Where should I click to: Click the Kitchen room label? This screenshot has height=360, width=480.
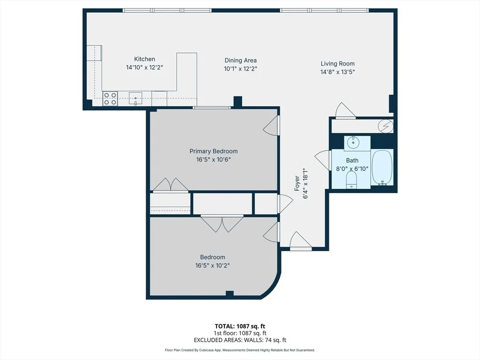pyautogui.click(x=144, y=59)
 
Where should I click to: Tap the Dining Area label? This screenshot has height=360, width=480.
pyautogui.click(x=240, y=60)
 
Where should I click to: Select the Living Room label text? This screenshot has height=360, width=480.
pyautogui.click(x=337, y=63)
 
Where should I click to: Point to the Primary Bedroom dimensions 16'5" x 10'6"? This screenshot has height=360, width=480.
pyautogui.click(x=213, y=159)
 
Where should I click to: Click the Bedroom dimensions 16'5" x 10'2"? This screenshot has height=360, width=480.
pyautogui.click(x=212, y=265)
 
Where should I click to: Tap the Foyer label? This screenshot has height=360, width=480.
pyautogui.click(x=297, y=183)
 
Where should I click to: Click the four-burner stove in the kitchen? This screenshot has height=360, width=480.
pyautogui.click(x=110, y=98)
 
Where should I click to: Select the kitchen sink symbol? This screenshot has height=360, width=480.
pyautogui.click(x=135, y=98)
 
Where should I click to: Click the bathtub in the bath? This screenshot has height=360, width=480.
pyautogui.click(x=382, y=167)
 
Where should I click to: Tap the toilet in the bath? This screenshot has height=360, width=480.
pyautogui.click(x=352, y=180)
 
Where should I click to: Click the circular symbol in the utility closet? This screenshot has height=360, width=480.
pyautogui.click(x=385, y=126)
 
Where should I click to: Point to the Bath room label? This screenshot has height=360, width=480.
pyautogui.click(x=352, y=160)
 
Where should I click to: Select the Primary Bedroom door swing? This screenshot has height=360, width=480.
pyautogui.click(x=271, y=126)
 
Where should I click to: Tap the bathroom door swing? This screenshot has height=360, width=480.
pyautogui.click(x=323, y=159)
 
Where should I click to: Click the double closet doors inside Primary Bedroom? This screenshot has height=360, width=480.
pyautogui.click(x=171, y=185)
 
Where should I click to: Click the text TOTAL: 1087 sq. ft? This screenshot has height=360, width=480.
pyautogui.click(x=240, y=326)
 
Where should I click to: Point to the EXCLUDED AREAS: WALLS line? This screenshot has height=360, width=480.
pyautogui.click(x=240, y=340)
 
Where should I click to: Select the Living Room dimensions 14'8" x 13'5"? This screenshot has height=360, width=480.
pyautogui.click(x=337, y=72)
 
